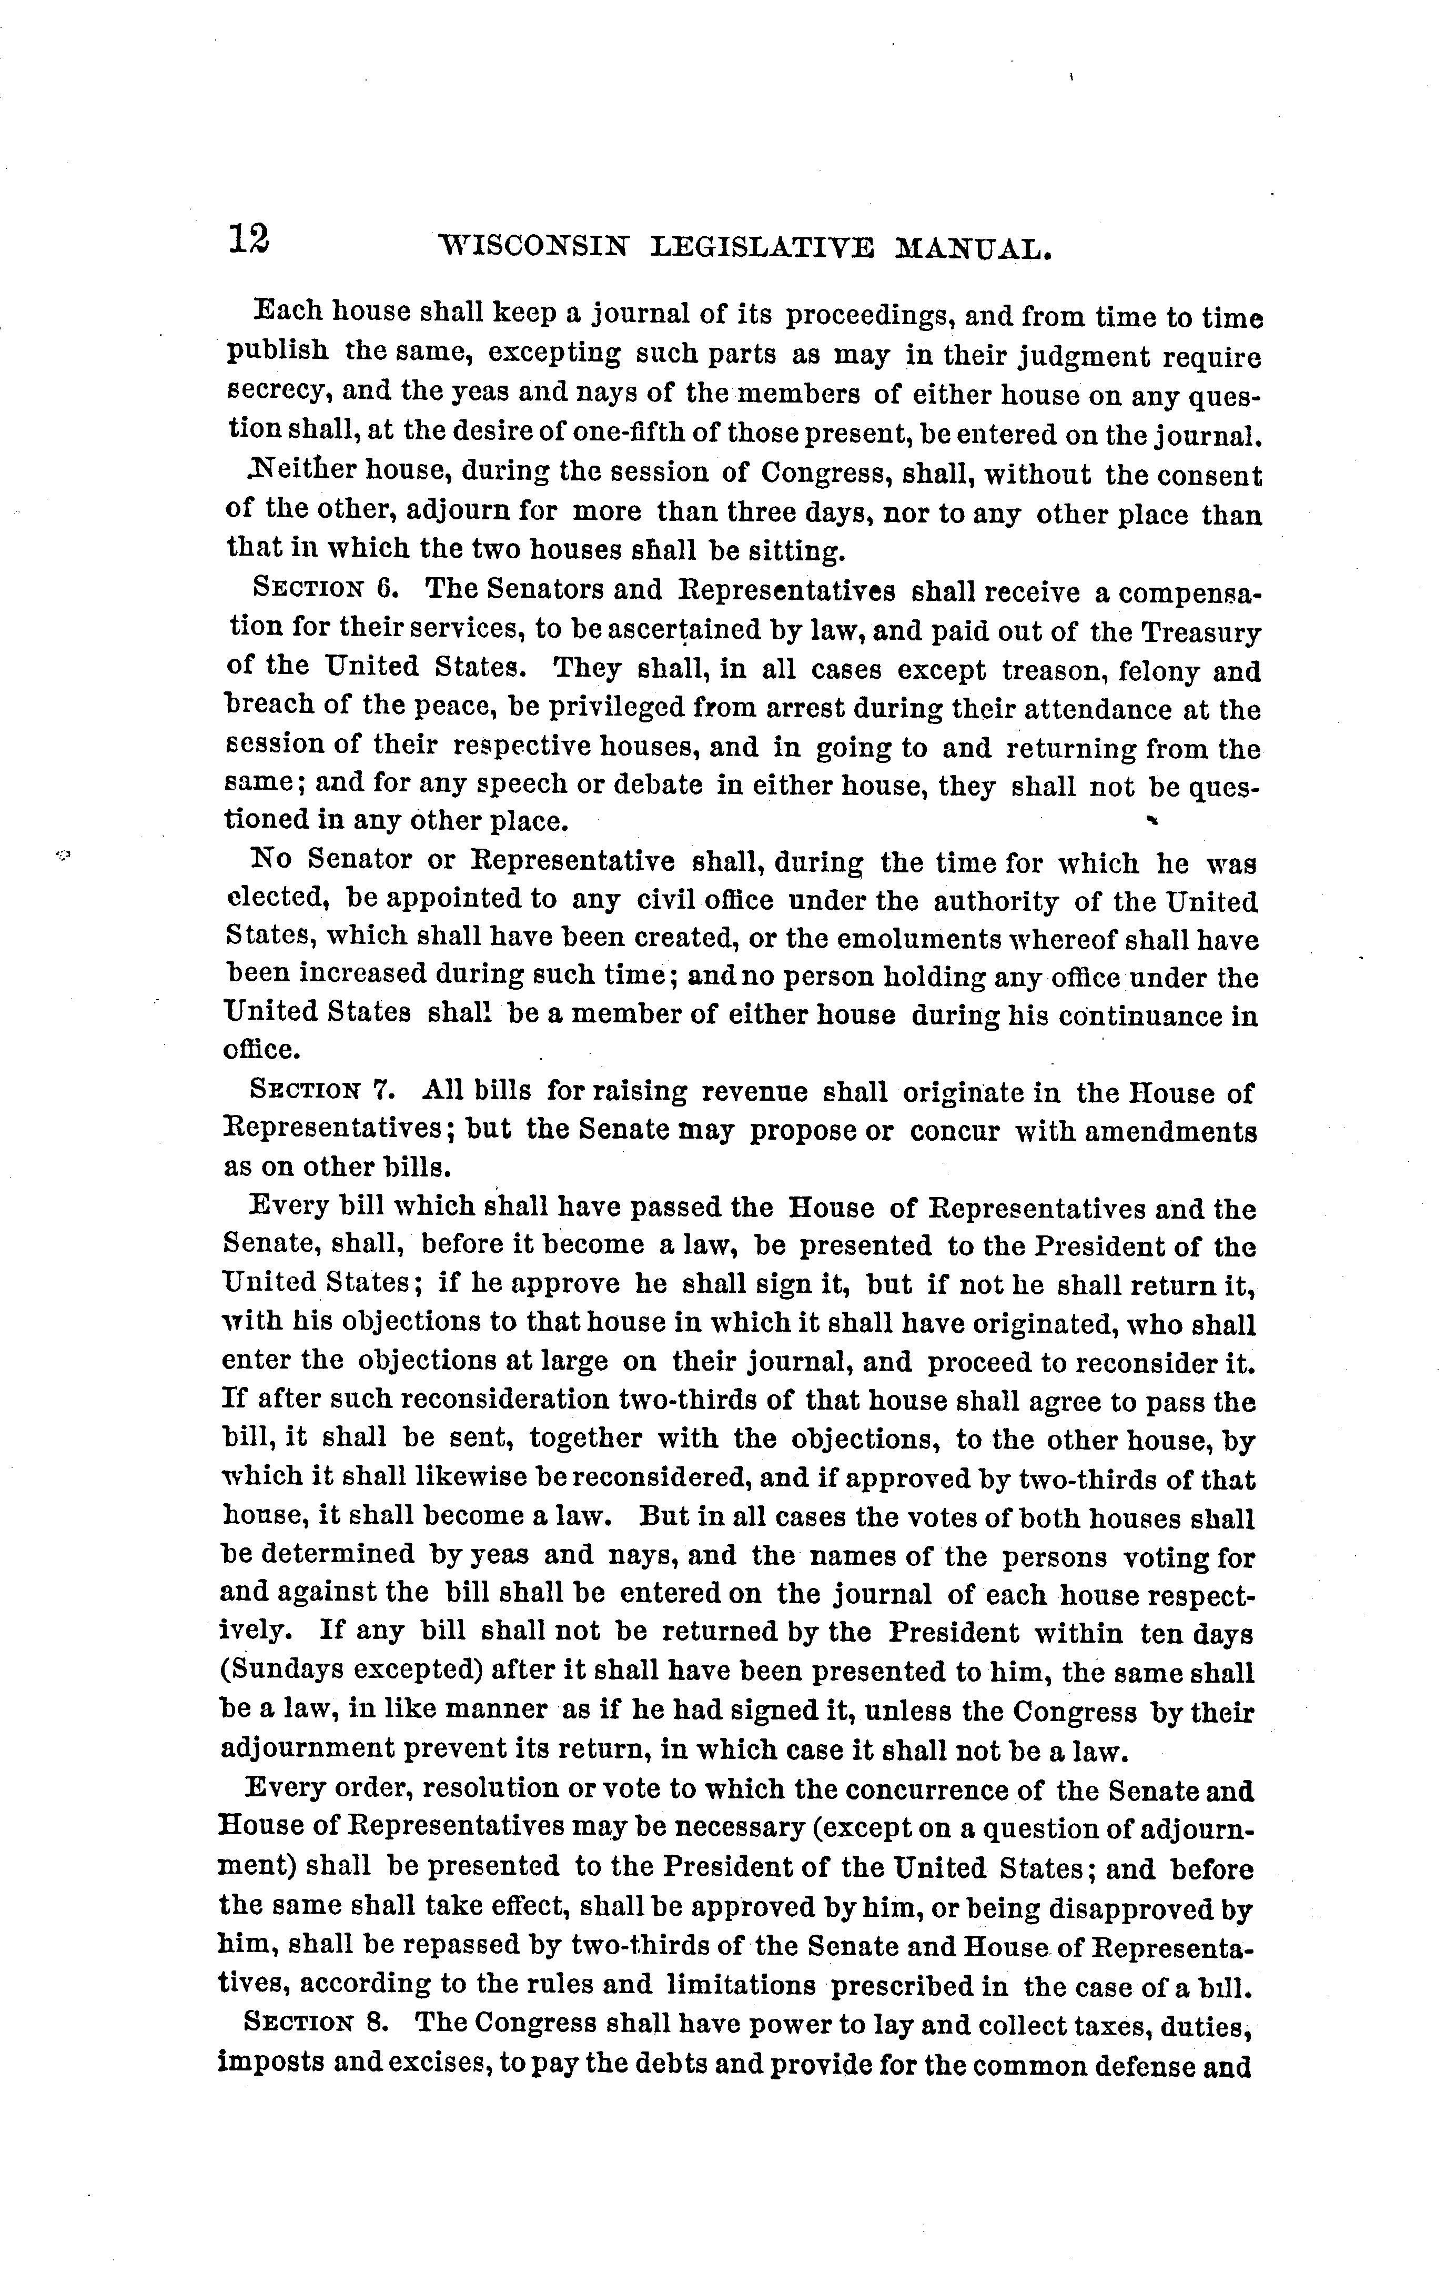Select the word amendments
(x=1169, y=1132)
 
